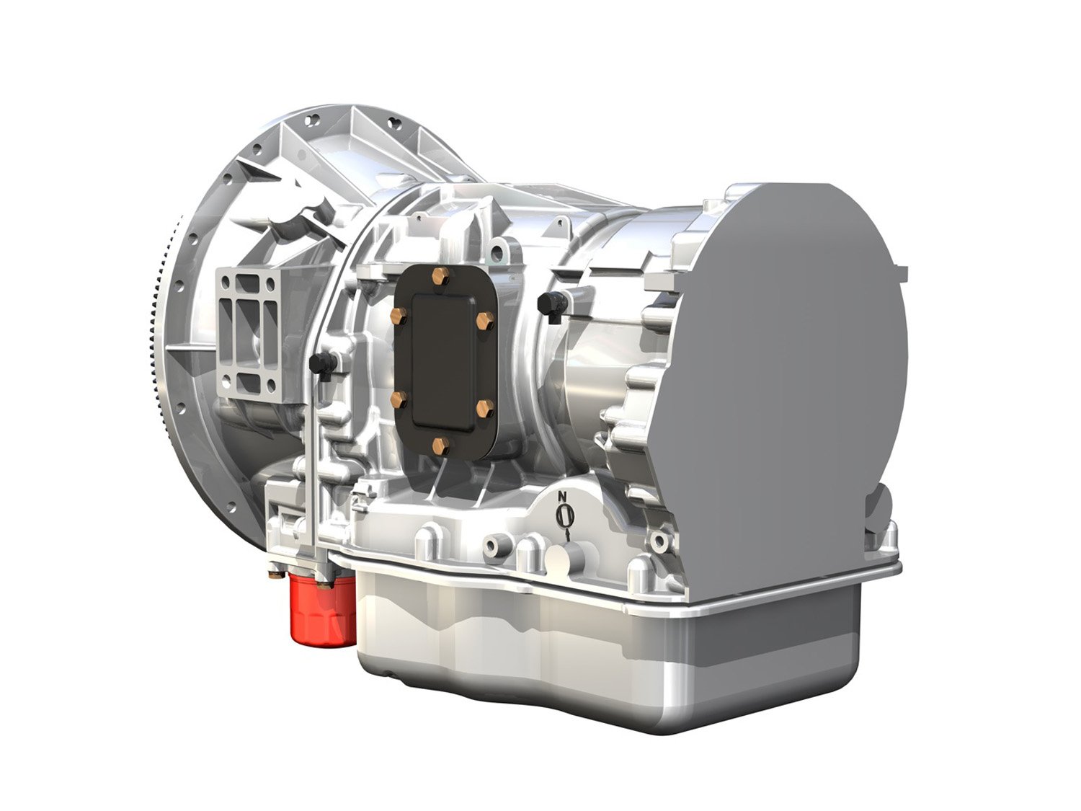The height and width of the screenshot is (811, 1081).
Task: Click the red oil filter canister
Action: (322, 609)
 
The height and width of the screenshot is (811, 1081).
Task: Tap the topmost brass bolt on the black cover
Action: (439, 275)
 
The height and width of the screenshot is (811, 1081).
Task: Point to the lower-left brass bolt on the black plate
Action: (397, 398)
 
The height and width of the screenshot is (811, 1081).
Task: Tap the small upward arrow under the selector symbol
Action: (568, 535)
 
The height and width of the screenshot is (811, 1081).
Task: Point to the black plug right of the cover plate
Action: (550, 306)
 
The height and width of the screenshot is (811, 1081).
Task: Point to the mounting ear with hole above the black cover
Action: (498, 252)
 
